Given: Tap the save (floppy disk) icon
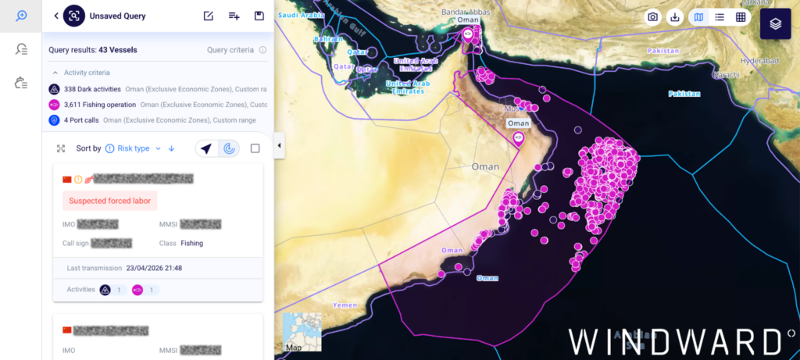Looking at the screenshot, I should pyautogui.click(x=259, y=16).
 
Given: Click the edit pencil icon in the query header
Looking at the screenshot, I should pyautogui.click(x=208, y=16).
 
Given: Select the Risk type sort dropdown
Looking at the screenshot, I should pyautogui.click(x=133, y=148).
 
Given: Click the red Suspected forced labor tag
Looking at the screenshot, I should pyautogui.click(x=110, y=201).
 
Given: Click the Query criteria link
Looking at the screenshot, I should pyautogui.click(x=230, y=50).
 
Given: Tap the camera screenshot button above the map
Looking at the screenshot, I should pyautogui.click(x=652, y=17).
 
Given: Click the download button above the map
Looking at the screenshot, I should pyautogui.click(x=675, y=17).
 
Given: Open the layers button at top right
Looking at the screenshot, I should pyautogui.click(x=775, y=23).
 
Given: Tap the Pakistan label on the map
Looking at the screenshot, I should pyautogui.click(x=684, y=94).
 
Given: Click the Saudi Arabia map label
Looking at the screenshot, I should pyautogui.click(x=302, y=15).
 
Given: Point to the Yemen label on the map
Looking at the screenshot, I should pyautogui.click(x=344, y=305).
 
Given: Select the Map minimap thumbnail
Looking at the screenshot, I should pyautogui.click(x=302, y=332).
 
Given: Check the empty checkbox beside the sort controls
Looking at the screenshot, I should pyautogui.click(x=255, y=148).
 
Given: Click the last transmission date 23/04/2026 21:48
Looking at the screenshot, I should pyautogui.click(x=154, y=268).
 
